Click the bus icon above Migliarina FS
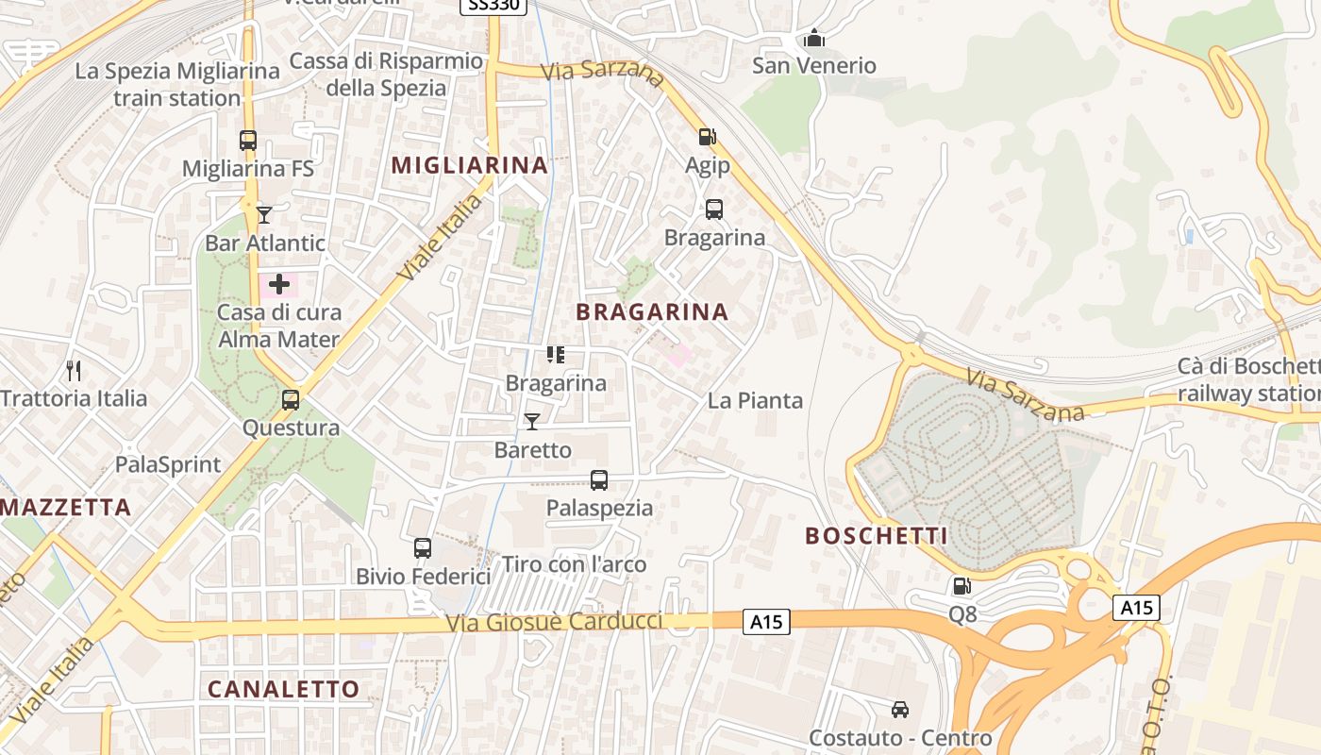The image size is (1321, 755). tap(248, 141)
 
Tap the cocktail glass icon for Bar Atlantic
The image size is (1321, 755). tap(264, 215)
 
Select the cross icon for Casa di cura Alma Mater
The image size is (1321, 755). tap(279, 284)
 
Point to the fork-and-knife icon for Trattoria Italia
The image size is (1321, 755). tap(74, 371)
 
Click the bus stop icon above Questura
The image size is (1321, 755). tap(291, 400)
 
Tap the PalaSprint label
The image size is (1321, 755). tap(168, 464)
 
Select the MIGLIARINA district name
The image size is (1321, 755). tap(469, 165)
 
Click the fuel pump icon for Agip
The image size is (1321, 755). tap(707, 138)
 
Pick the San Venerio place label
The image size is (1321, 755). tap(813, 65)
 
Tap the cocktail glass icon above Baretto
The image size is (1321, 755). tap(532, 422)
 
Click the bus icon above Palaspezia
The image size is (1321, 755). tap(599, 480)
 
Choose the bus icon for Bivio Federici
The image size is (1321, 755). tap(423, 548)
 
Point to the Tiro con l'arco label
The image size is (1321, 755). tap(574, 564)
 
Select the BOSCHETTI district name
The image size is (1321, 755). tap(876, 536)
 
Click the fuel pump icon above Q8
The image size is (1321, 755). tap(961, 587)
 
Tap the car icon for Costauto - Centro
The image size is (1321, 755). tap(900, 710)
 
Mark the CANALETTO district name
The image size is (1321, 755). tap(283, 689)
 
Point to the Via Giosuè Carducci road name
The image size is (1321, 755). tap(555, 623)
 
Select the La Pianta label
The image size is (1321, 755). tap(755, 400)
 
